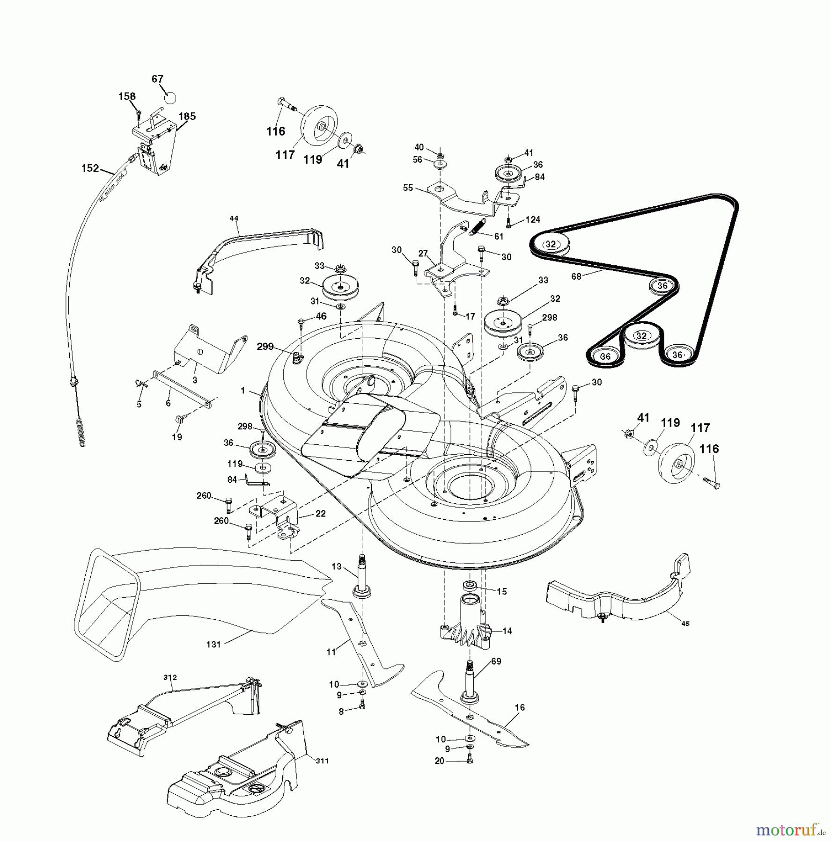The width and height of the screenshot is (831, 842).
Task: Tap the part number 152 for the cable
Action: [90, 168]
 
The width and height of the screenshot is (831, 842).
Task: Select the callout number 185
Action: [187, 116]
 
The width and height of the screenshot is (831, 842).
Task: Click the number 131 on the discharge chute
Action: [213, 644]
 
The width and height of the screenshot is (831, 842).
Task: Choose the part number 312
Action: [170, 677]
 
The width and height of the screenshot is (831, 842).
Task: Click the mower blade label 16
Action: [520, 708]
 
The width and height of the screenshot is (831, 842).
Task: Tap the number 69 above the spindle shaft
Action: [496, 661]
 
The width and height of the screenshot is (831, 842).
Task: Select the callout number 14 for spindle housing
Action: [507, 631]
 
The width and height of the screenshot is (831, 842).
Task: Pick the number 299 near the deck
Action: [265, 346]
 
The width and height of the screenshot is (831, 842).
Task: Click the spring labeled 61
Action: [499, 236]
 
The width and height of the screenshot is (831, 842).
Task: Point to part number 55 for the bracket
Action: [408, 188]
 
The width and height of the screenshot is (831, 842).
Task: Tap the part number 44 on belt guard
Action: [234, 218]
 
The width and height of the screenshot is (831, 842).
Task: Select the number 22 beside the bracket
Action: [320, 513]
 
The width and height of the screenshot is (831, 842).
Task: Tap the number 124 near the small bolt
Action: [533, 219]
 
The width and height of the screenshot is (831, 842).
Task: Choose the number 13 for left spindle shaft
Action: [337, 566]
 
